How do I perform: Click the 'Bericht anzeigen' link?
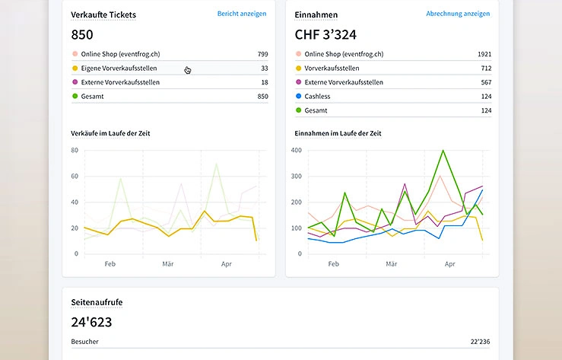242,14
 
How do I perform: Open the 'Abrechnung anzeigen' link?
458,14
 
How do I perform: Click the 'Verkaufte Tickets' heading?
103,14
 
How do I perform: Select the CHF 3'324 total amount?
325,34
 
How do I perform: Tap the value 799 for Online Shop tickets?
262,54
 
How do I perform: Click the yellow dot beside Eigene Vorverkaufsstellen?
75,68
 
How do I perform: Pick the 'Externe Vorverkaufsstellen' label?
120,82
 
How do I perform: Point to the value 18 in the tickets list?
264,82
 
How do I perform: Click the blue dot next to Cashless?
298,97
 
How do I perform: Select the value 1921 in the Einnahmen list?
484,54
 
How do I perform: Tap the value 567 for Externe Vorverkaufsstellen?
486,82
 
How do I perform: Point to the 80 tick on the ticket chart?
75,150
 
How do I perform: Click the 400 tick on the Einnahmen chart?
297,150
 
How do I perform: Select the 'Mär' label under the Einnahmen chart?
391,265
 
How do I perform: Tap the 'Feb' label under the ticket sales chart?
110,265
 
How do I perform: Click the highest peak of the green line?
443,151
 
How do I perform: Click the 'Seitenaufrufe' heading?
97,302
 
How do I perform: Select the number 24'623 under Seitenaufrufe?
91,321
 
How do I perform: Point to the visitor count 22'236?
481,342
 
